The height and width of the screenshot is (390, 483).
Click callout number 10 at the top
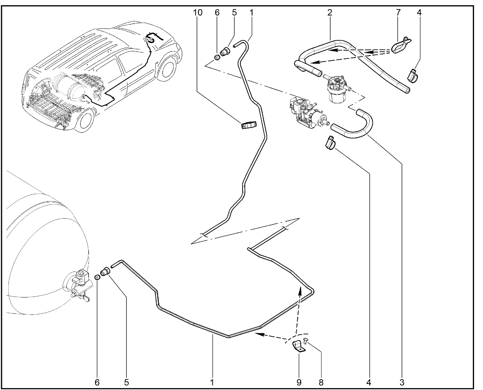pos(197,12)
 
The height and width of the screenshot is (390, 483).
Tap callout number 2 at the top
pos(330,12)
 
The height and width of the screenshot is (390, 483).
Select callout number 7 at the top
pos(398,12)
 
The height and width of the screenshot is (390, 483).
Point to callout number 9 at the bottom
pos(299,382)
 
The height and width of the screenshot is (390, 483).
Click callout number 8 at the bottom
pos(321,382)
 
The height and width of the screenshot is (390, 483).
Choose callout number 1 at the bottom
pos(212,382)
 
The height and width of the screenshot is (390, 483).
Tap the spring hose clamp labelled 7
pos(400,45)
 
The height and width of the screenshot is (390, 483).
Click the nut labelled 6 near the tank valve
pos(97,277)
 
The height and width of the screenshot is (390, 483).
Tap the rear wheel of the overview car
pos(84,120)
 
